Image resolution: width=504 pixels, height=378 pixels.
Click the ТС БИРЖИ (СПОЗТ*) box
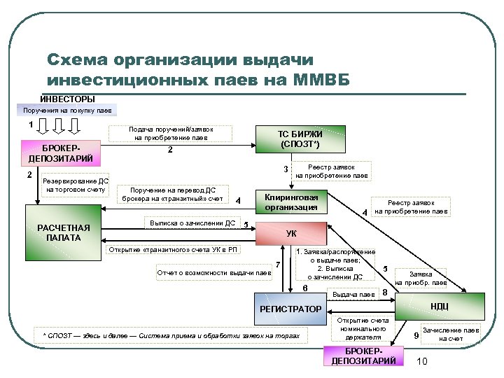300,139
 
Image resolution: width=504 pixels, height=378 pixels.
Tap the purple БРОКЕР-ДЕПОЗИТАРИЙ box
363,356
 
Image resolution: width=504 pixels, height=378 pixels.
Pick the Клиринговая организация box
291,202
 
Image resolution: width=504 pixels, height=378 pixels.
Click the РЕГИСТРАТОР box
290,309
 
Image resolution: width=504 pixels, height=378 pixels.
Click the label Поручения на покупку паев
67,111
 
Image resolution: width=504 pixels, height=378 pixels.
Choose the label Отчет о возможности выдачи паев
214,272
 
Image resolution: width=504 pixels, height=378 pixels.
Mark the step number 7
278,264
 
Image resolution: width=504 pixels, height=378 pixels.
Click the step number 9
416,336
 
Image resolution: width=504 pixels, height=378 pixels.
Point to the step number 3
285,169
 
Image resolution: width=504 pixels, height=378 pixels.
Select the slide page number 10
421,360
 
